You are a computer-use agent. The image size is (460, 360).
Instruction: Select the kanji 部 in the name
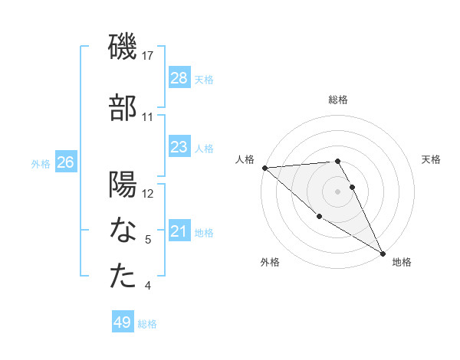point(123,107)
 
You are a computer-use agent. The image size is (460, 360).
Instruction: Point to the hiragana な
point(123,231)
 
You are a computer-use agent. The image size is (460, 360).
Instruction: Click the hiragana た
point(123,277)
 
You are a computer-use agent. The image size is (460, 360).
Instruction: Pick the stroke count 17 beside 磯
point(148,56)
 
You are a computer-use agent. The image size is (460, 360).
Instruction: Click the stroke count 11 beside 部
point(148,117)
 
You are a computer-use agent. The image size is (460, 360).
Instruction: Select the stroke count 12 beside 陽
point(148,194)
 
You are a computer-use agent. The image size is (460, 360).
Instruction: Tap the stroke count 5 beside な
point(148,240)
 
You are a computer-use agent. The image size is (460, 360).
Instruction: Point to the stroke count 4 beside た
point(148,286)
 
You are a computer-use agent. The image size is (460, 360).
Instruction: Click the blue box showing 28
point(179,78)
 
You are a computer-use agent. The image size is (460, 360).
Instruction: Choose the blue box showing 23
point(179,147)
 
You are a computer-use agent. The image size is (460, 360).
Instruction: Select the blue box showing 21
point(179,231)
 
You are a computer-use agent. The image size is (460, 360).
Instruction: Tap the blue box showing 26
point(65,162)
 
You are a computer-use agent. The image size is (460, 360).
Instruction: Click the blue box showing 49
point(123,322)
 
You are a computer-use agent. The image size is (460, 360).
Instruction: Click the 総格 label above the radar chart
point(338,100)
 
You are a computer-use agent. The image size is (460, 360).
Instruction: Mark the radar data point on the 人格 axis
point(264,168)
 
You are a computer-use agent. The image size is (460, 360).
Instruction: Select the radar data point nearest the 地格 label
point(383,252)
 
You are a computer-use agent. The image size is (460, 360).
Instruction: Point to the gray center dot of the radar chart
point(338,191)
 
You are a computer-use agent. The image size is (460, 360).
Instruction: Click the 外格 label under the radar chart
point(270,262)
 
